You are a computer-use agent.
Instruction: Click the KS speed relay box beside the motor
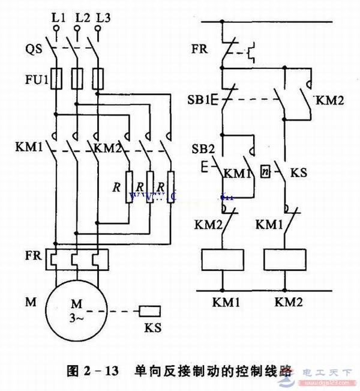point(149,311)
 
